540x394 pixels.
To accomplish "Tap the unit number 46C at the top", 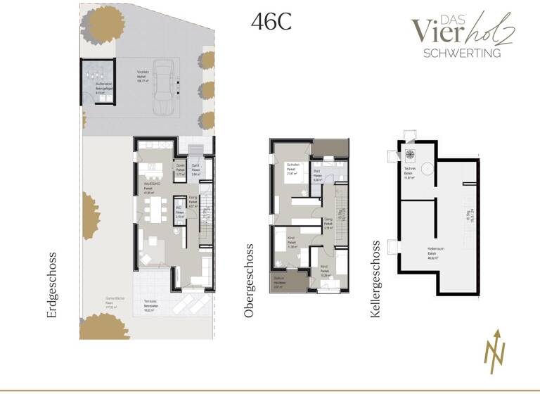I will coord(271,22).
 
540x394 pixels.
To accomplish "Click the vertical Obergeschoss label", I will coord(248,281).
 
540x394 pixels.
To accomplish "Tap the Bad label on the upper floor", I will coord(318,172).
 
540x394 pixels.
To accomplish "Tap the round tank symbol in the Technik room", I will coord(410,155).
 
